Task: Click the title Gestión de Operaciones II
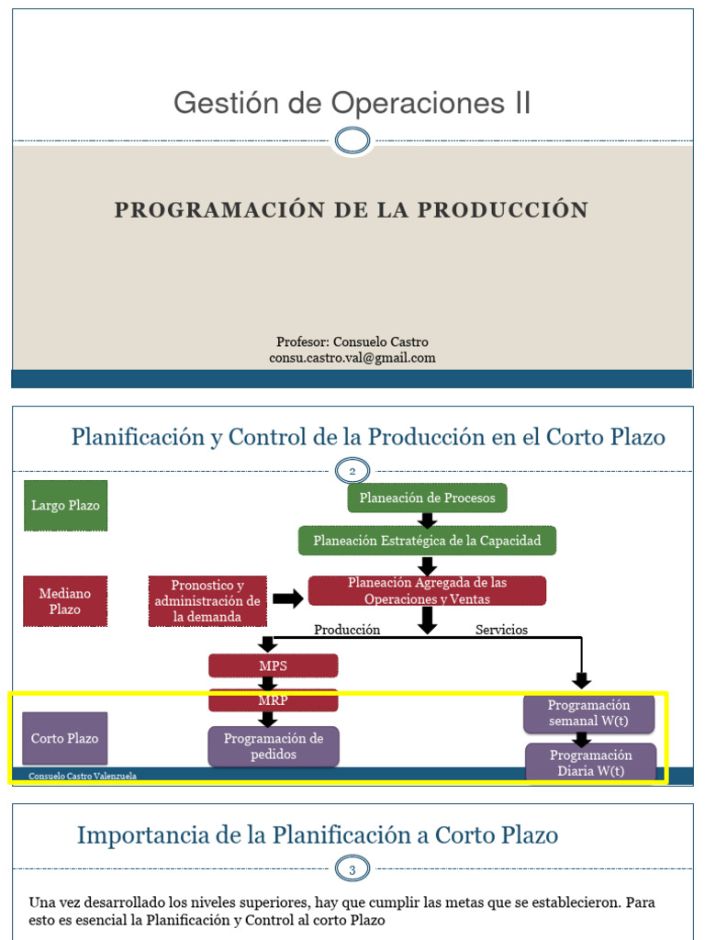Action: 352,103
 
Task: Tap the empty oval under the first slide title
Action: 352,141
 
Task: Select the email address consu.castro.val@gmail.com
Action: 352,358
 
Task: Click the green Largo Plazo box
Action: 65,505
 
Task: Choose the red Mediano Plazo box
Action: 65,601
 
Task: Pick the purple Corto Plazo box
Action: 65,738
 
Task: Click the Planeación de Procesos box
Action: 427,498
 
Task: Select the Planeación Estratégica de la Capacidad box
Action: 427,541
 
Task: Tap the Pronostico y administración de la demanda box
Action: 207,601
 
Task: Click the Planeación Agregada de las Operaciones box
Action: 427,590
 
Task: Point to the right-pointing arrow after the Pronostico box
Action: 288,599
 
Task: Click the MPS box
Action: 274,666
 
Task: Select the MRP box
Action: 274,700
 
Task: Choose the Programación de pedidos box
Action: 274,746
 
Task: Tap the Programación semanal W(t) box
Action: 589,713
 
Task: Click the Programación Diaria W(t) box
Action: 591,763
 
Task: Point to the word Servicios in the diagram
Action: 501,630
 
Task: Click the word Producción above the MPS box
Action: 347,630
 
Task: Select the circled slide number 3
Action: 352,867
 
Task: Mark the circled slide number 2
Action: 352,471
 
